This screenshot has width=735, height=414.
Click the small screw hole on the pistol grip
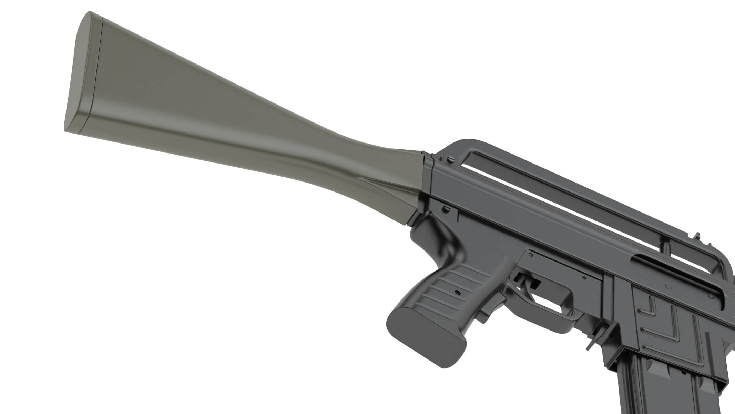[457, 293]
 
